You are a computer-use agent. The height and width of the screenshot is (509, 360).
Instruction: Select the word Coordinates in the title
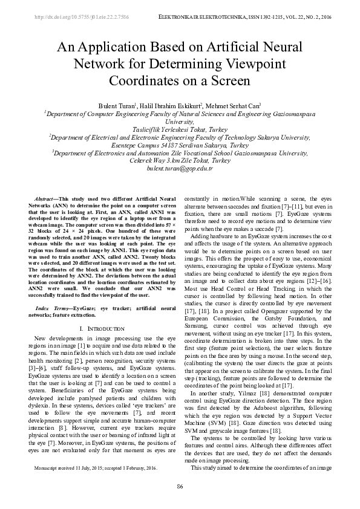(x=143, y=80)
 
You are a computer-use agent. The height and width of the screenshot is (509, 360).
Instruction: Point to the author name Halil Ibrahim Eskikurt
(x=177, y=106)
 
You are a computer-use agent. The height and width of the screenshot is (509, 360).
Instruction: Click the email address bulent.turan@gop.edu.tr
(x=180, y=169)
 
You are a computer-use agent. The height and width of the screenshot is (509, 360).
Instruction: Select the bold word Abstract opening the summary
(x=44, y=199)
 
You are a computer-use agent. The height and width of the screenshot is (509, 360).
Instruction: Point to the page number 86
(x=180, y=487)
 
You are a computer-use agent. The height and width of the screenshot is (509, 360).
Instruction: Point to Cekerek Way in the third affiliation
(x=148, y=161)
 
